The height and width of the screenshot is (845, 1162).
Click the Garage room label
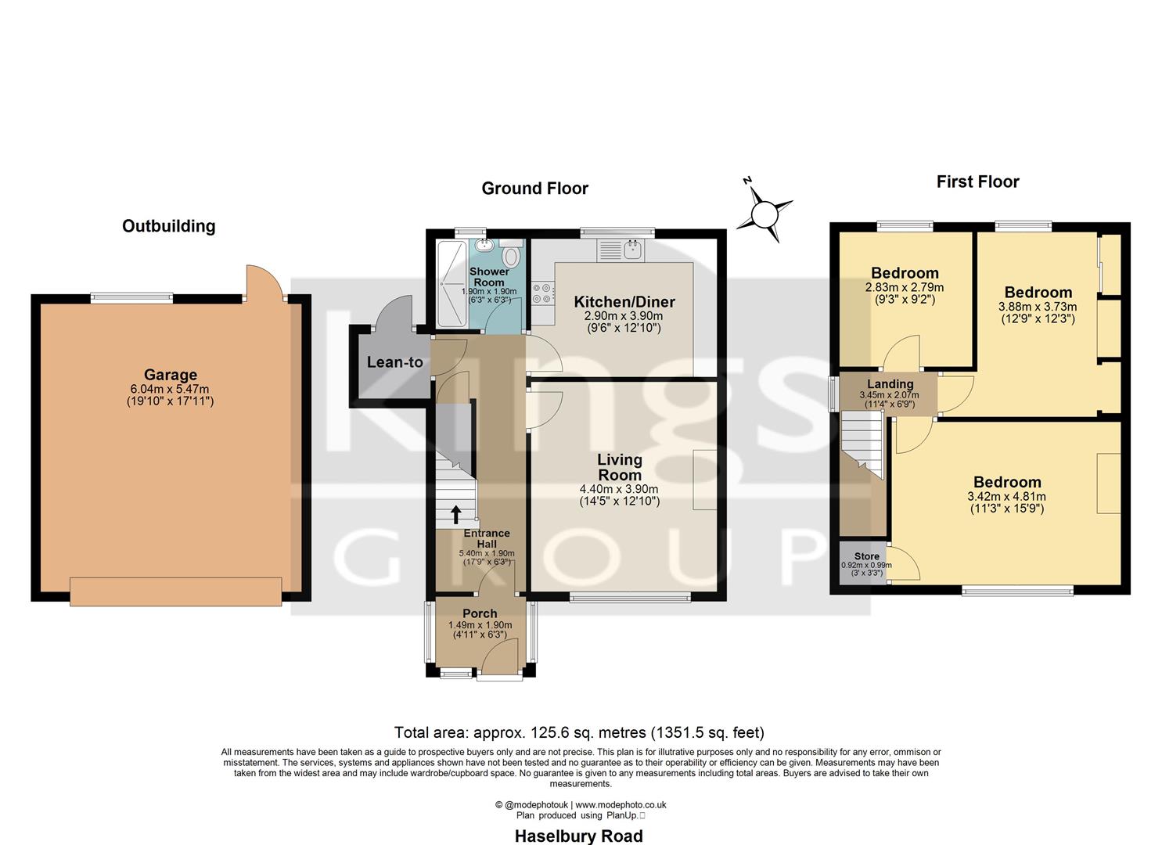(x=170, y=375)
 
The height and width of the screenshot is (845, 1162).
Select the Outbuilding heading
(x=168, y=226)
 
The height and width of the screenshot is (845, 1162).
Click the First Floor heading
(x=977, y=182)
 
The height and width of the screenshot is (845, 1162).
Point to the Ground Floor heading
(x=534, y=188)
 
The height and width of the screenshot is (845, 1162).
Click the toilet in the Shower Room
(x=511, y=255)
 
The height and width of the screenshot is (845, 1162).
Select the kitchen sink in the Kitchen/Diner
(x=632, y=250)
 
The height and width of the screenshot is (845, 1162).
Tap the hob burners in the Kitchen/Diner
(x=541, y=293)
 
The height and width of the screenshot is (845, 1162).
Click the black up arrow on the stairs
(x=455, y=514)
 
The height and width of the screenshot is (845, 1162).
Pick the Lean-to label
(x=394, y=362)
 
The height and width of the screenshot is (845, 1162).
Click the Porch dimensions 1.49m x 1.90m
(x=480, y=625)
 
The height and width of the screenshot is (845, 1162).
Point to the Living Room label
(x=620, y=467)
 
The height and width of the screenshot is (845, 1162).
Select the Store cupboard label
(x=866, y=556)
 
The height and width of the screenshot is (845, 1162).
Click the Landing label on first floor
(x=890, y=384)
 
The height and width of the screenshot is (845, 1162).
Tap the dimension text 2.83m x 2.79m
(x=905, y=287)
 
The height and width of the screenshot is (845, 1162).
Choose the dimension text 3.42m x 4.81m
(x=1006, y=496)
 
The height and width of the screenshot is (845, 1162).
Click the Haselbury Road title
(x=578, y=836)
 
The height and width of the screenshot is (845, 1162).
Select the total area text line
(x=579, y=732)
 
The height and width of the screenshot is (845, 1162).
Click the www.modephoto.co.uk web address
(x=621, y=804)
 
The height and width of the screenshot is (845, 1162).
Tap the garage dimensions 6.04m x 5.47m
(x=170, y=389)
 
